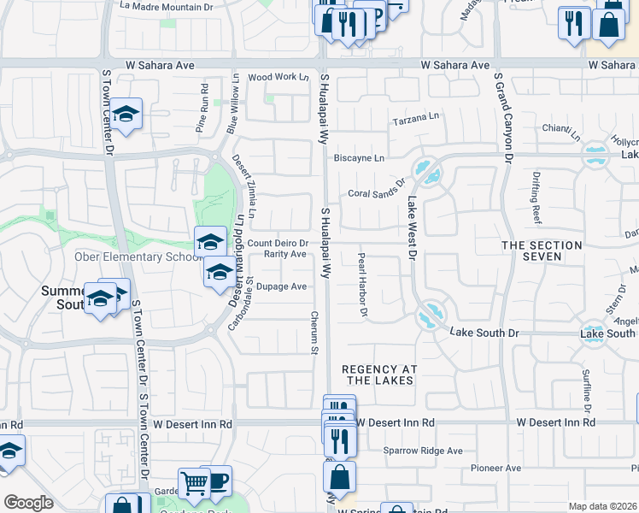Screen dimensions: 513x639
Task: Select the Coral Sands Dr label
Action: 376,193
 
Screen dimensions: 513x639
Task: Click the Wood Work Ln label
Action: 278,77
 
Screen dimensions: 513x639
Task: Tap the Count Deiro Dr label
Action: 278,244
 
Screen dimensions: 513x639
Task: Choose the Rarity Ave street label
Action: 284,254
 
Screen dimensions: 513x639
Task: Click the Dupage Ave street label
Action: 281,286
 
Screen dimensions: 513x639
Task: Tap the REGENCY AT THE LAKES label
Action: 378,374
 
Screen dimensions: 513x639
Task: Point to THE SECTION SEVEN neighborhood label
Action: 542,251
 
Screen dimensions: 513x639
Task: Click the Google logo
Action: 28,503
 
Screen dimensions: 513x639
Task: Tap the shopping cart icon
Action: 195,483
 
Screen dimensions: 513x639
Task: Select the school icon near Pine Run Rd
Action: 126,115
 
